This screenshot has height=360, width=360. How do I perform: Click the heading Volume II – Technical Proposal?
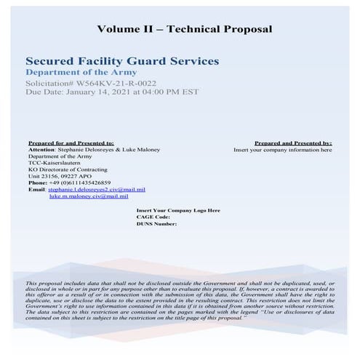184,29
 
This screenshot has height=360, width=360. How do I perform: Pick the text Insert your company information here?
282,150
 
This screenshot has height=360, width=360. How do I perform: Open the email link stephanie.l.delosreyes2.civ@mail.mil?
91,189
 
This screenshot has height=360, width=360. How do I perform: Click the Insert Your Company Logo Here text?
178,210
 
